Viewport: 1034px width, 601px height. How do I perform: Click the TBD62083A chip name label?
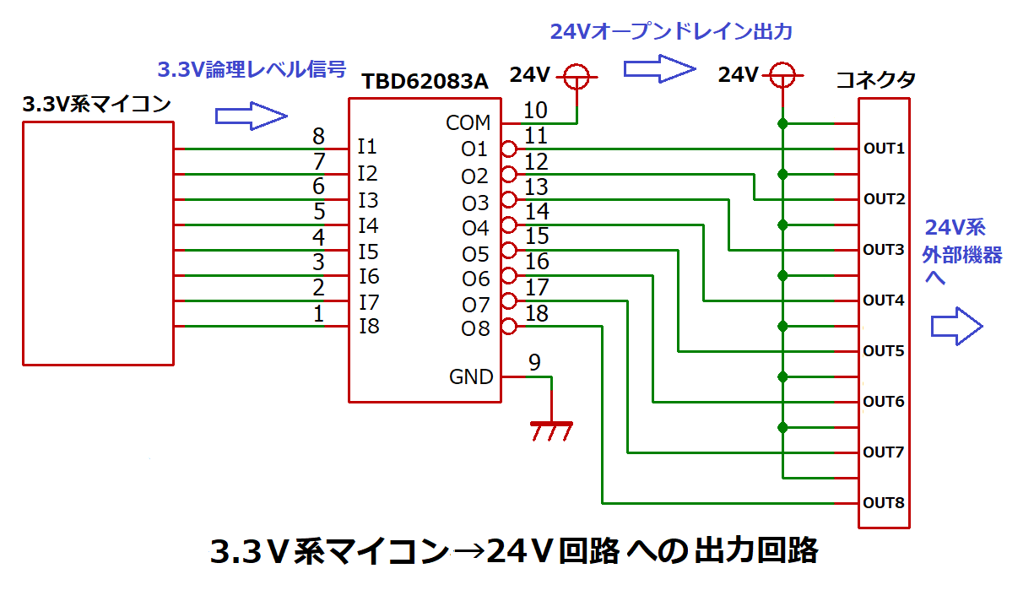click(425, 82)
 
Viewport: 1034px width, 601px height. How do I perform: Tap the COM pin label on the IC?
click(468, 123)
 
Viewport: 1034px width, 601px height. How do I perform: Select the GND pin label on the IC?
click(471, 376)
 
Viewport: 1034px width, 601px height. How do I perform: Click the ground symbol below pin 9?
click(551, 430)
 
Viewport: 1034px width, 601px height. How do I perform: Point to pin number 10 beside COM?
click(535, 110)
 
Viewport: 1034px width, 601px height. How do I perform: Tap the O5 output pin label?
click(475, 254)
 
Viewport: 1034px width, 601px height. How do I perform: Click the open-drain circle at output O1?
click(508, 149)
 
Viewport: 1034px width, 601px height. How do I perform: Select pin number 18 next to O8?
click(536, 314)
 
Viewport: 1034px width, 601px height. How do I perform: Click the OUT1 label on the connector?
click(883, 149)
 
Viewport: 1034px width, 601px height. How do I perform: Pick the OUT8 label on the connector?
click(883, 503)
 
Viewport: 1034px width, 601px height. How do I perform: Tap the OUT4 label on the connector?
click(883, 300)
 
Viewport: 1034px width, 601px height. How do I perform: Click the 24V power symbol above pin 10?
click(577, 77)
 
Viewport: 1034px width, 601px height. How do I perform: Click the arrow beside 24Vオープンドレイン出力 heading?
click(658, 68)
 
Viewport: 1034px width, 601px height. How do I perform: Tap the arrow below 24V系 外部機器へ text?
click(957, 327)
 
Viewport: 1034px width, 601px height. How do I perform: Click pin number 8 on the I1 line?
click(318, 136)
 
